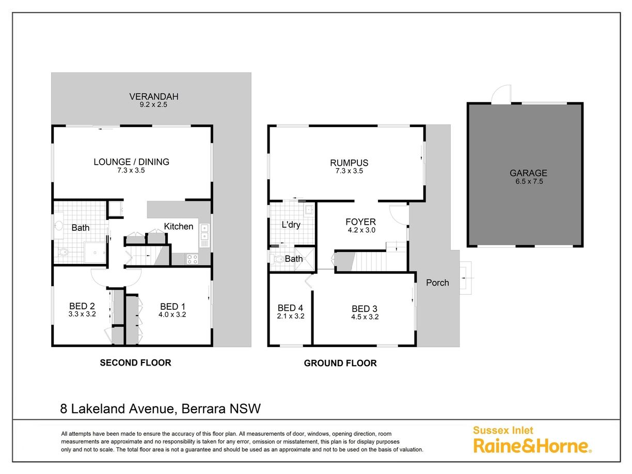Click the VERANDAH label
coord(154,97)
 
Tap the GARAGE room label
coord(528,173)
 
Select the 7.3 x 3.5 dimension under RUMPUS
coord(349,171)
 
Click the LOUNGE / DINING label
coord(131,162)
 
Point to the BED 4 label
coord(290,308)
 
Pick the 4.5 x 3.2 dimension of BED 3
coord(365,317)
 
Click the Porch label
coord(437,282)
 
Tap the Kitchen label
coord(179,227)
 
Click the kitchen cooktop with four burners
coord(192,259)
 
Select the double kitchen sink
coord(204,232)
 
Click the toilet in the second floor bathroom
coord(62,252)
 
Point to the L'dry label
coord(291,225)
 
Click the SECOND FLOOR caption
coord(135,362)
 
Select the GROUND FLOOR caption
coord(340,363)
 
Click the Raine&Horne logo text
coord(532,446)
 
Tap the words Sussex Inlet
coord(503,430)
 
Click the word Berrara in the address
coord(199,408)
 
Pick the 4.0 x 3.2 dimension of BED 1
coord(172,314)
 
